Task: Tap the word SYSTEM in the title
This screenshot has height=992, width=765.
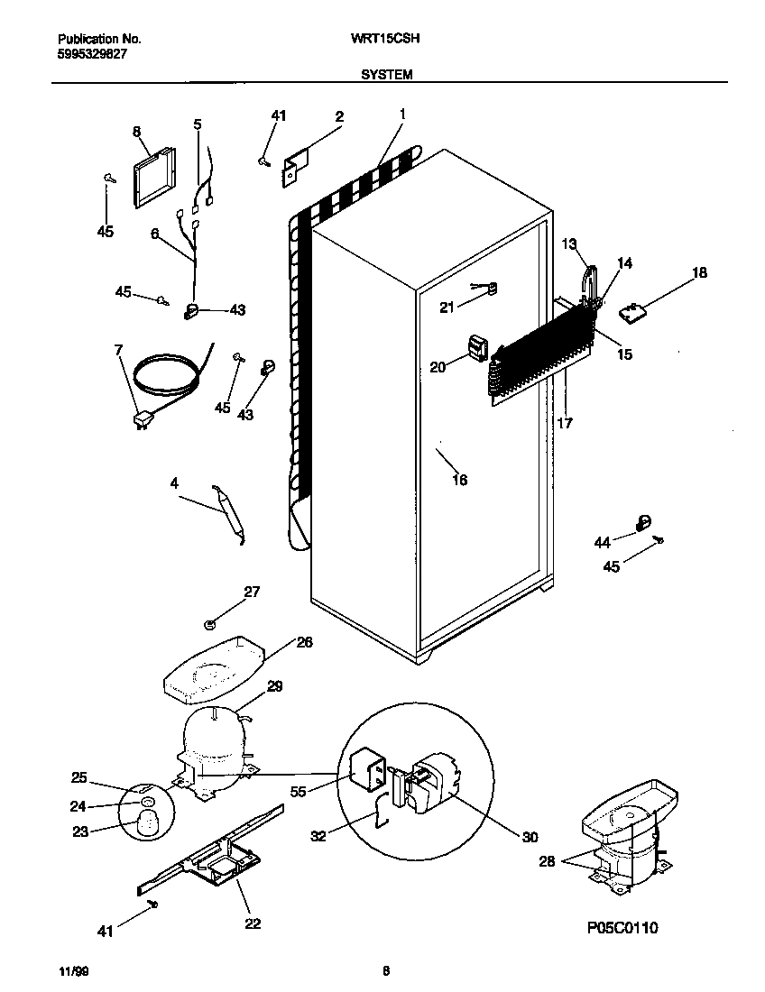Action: pyautogui.click(x=387, y=76)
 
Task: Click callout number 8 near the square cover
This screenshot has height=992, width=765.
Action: pyautogui.click(x=136, y=132)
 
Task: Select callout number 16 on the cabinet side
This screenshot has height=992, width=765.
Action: pyautogui.click(x=459, y=480)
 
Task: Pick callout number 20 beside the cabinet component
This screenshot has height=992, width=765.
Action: pyautogui.click(x=438, y=367)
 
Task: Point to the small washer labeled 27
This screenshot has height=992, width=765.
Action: pyautogui.click(x=210, y=623)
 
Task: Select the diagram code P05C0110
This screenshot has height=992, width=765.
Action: pyautogui.click(x=621, y=927)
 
